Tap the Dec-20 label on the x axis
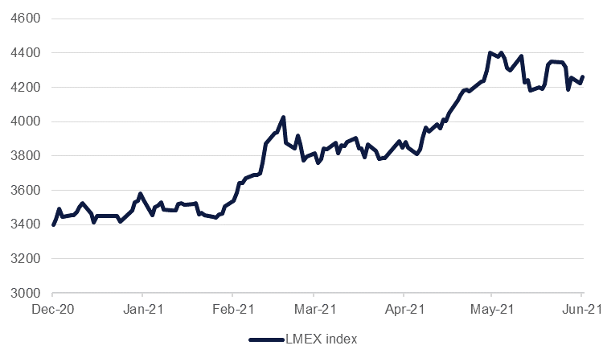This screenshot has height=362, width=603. (53, 308)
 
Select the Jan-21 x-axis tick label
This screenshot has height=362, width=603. (142, 308)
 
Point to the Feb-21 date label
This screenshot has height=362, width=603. (232, 308)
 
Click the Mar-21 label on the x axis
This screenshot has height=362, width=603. (314, 308)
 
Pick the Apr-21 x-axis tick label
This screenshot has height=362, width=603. (403, 308)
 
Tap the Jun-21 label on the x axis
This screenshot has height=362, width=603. (580, 308)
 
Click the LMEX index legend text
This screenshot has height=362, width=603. (322, 339)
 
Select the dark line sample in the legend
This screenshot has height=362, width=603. (266, 339)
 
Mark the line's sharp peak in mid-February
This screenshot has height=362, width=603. (283, 117)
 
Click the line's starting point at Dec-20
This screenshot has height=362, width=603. (53, 224)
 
